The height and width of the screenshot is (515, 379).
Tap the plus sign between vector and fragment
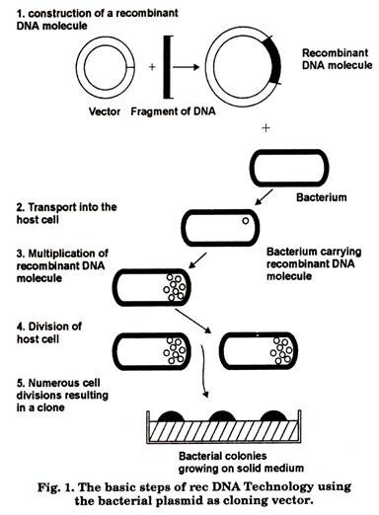point(152,67)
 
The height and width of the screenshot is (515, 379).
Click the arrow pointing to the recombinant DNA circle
point(187,67)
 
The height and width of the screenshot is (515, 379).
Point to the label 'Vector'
point(105,111)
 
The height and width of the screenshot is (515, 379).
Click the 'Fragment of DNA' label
point(173,111)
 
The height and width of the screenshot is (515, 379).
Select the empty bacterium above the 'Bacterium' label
point(289,168)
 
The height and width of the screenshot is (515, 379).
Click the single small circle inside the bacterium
point(246,221)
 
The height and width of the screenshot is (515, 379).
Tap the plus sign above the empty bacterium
point(265,127)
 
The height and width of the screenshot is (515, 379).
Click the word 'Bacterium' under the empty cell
point(322,197)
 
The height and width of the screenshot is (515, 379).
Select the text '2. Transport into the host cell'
point(66,213)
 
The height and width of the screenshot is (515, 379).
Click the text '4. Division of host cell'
point(49,332)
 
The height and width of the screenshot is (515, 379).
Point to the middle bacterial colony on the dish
point(222,416)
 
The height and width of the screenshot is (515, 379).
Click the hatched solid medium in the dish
point(223,431)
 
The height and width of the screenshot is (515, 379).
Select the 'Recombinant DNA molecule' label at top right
point(338,59)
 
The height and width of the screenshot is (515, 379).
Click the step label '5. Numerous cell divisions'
point(62,396)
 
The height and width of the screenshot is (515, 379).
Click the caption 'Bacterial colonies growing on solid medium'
point(241,462)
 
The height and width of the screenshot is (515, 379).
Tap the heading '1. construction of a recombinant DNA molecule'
point(98,20)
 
